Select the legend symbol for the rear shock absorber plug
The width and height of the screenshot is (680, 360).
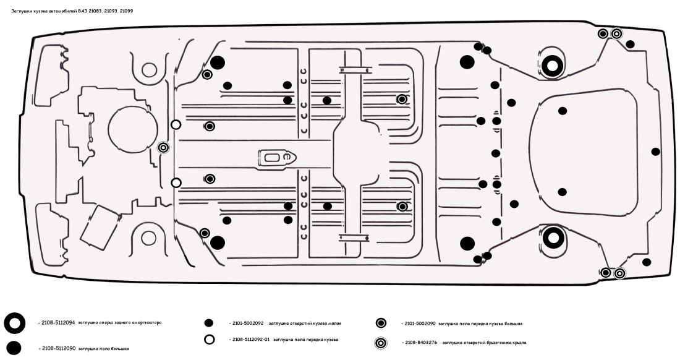[14, 323]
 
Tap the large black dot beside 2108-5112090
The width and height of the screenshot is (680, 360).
[14, 348]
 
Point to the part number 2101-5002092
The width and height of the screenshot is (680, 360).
[246, 323]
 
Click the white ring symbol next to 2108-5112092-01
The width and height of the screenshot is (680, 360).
[210, 340]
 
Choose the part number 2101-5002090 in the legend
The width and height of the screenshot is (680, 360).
[419, 323]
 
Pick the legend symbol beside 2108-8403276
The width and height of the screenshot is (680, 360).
[381, 342]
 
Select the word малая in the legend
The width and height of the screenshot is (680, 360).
[334, 323]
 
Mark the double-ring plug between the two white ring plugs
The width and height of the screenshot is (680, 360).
[163, 148]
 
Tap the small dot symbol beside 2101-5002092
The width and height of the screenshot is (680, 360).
[209, 323]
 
